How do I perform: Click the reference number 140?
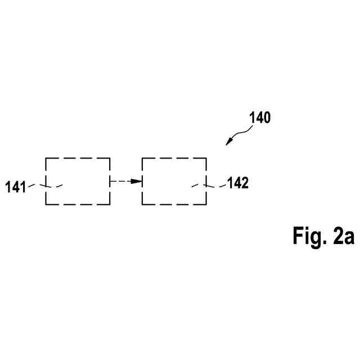click(x=259, y=118)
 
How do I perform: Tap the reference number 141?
click(x=16, y=187)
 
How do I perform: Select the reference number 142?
click(x=237, y=183)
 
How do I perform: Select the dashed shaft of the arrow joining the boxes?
click(x=119, y=181)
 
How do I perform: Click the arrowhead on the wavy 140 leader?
click(x=229, y=142)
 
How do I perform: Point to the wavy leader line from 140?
click(x=241, y=133)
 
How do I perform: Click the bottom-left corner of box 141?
click(x=46, y=205)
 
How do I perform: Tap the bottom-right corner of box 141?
click(x=110, y=205)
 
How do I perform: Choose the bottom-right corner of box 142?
click(x=206, y=205)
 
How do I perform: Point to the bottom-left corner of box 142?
click(x=142, y=205)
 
